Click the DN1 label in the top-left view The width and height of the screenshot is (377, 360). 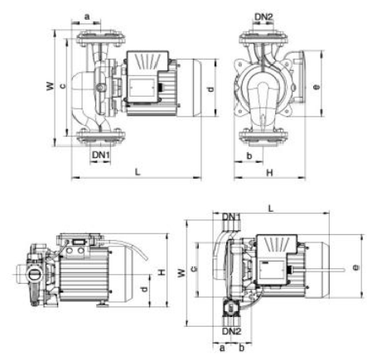(x=101, y=155)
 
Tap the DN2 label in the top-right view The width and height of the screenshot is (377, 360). (x=263, y=17)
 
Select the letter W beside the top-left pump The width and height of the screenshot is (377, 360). (x=51, y=86)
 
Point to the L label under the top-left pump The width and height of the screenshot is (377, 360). (x=138, y=172)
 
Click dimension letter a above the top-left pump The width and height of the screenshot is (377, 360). (x=87, y=17)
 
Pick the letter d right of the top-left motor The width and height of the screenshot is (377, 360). (x=211, y=89)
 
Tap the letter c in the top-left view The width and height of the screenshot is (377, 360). (x=63, y=86)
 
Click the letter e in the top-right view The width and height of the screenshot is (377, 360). (x=317, y=87)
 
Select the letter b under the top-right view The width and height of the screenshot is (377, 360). (x=249, y=156)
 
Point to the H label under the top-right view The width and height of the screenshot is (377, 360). (x=269, y=173)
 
